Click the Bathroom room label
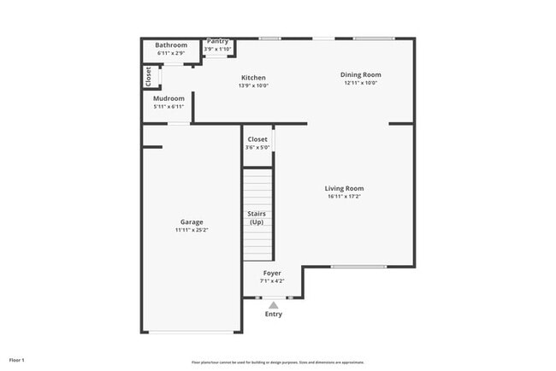pyautogui.click(x=171, y=45)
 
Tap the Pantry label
pyautogui.click(x=218, y=41)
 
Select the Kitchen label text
pyautogui.click(x=253, y=78)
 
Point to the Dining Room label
pyautogui.click(x=360, y=74)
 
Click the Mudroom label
pyautogui.click(x=169, y=98)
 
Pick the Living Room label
pyautogui.click(x=344, y=188)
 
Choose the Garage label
pyautogui.click(x=192, y=221)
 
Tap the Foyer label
pyautogui.click(x=272, y=273)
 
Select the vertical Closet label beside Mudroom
pyautogui.click(x=148, y=77)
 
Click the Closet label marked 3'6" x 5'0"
pyautogui.click(x=257, y=138)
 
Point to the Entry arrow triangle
pyautogui.click(x=274, y=304)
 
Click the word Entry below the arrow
pyautogui.click(x=274, y=314)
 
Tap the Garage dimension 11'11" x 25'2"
pyautogui.click(x=192, y=230)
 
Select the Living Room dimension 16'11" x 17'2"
pyautogui.click(x=344, y=197)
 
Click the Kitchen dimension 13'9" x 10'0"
pyautogui.click(x=253, y=85)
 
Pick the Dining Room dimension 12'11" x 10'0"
pyautogui.click(x=360, y=83)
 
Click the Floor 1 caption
pyautogui.click(x=17, y=360)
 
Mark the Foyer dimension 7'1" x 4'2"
pyautogui.click(x=272, y=280)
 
